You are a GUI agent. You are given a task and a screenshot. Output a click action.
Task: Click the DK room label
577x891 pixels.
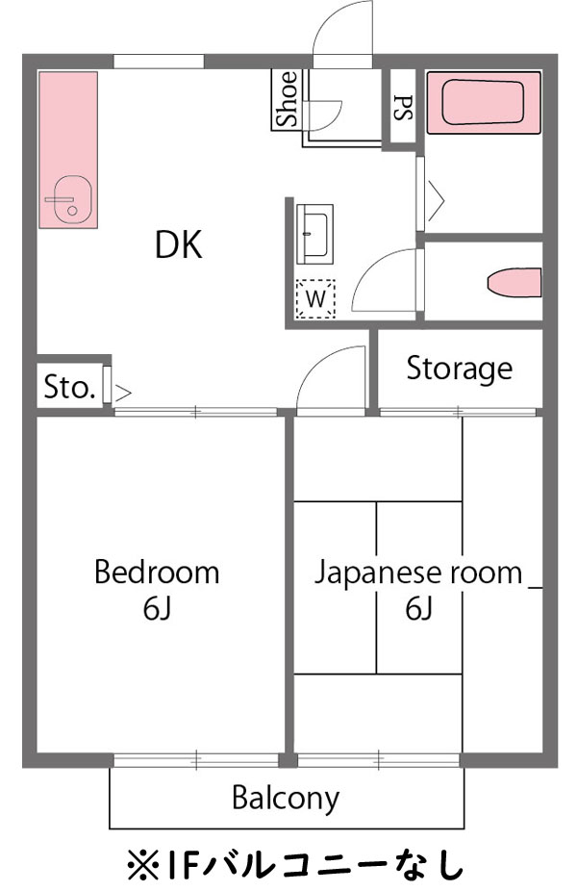(x=179, y=245)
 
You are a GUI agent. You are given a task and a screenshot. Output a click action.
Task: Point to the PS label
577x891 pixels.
(x=402, y=105)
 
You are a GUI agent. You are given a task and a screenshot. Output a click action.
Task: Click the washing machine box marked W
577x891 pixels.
(x=314, y=298)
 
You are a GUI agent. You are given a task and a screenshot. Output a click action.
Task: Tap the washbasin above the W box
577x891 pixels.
(x=314, y=233)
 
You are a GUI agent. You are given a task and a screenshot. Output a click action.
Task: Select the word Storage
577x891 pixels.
(x=459, y=369)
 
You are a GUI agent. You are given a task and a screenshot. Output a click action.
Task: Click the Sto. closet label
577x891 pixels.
(x=69, y=388)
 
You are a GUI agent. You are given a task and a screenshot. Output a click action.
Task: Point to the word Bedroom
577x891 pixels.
(x=156, y=573)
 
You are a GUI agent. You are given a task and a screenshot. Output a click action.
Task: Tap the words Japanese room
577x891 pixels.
(x=418, y=573)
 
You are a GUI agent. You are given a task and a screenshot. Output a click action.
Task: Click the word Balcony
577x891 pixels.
(x=286, y=798)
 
